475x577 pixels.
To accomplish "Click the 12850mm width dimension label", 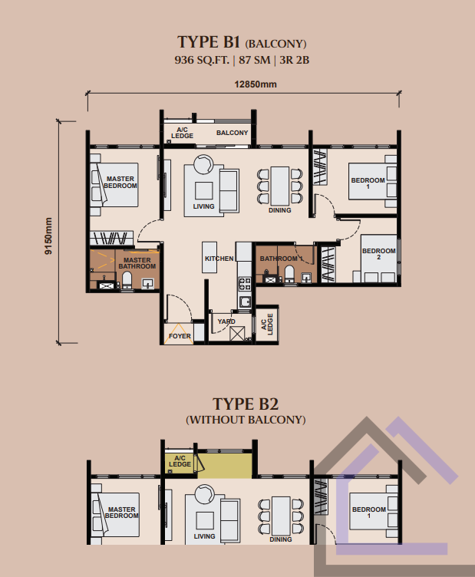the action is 256,84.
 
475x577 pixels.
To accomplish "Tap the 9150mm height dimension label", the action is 48,236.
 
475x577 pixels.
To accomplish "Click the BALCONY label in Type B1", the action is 233,133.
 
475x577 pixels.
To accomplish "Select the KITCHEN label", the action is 219,259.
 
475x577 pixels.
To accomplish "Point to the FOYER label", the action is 180,336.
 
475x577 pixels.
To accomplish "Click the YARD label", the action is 226,321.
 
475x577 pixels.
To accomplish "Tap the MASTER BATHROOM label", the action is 137,263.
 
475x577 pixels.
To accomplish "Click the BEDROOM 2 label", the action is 379,254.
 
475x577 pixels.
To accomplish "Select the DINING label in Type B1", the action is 279,210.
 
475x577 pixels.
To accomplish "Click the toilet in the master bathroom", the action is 127,279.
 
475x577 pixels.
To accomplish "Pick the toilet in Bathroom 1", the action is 289,274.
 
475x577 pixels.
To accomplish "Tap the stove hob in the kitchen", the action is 245,284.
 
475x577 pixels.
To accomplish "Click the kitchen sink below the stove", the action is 245,302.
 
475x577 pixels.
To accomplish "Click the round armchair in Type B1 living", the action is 203,164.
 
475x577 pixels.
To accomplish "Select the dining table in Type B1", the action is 280,186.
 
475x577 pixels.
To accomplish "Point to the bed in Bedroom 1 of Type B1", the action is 372,181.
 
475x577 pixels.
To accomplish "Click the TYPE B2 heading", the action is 246,404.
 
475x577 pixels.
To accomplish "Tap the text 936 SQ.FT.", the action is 202,60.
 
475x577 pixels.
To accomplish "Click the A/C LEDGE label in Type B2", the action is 180,461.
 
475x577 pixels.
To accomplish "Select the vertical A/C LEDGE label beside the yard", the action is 267,325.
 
